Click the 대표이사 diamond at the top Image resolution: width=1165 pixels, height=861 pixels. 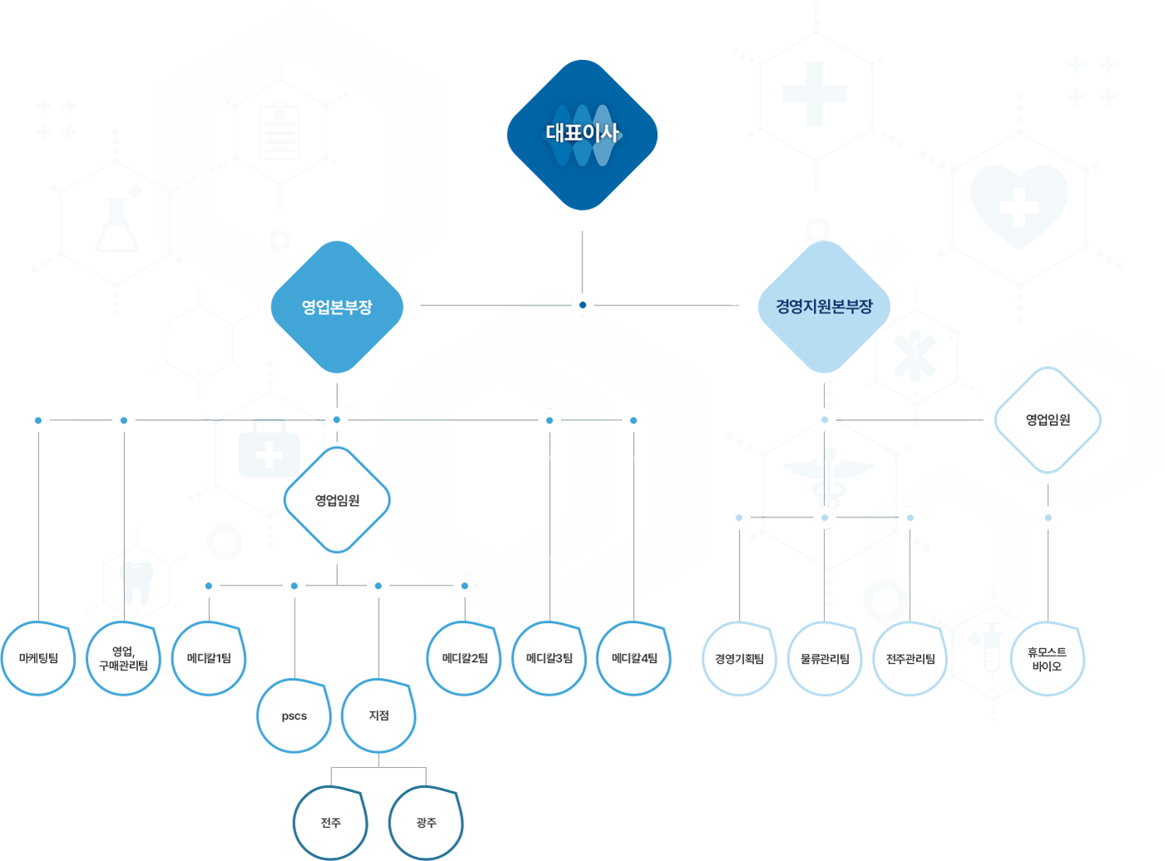tap(582, 135)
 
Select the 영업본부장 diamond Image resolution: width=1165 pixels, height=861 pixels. tap(337, 307)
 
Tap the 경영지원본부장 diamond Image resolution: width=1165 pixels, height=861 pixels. tap(824, 307)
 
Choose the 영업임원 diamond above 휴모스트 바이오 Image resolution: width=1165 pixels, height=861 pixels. tap(1048, 420)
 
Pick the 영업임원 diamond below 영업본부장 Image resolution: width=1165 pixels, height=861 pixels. tap(337, 500)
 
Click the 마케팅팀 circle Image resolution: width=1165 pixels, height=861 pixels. tap(38, 658)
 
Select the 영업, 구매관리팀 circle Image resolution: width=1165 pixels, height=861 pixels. tap(123, 658)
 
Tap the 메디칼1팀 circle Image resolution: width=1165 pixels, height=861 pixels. tap(209, 658)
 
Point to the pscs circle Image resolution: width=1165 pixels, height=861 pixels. tap(294, 715)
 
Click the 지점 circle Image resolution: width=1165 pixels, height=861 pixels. tap(379, 715)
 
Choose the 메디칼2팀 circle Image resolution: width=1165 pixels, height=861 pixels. tap(464, 658)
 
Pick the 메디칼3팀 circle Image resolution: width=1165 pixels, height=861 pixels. tap(549, 658)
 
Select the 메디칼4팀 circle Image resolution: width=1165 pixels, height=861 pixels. tap(634, 658)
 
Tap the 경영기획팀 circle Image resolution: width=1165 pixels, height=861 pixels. tap(740, 659)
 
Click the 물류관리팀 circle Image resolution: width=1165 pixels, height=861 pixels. tap(825, 659)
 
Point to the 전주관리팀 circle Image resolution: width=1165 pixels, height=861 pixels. tap(910, 659)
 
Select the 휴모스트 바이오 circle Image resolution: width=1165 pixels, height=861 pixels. tap(1048, 659)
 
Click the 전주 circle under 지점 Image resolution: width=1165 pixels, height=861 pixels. tap(330, 823)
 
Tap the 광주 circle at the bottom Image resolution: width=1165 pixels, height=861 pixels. tap(426, 823)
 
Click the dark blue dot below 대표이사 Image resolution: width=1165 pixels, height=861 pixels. tap(582, 304)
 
